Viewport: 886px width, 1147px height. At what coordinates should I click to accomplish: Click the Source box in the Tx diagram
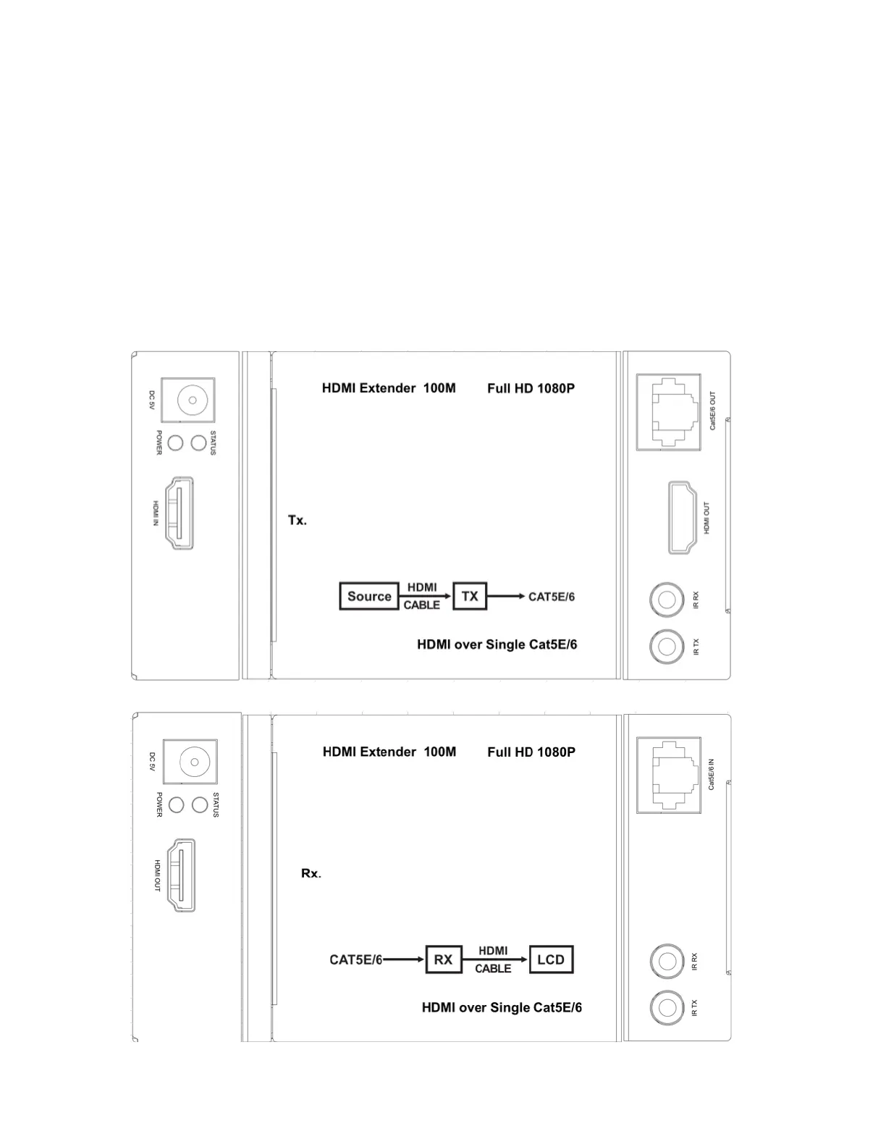click(x=369, y=596)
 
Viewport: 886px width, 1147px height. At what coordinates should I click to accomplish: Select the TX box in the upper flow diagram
click(x=470, y=596)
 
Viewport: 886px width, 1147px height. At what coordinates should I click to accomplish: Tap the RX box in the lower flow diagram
click(x=443, y=959)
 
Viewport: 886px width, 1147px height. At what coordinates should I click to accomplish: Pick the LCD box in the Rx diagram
click(x=551, y=959)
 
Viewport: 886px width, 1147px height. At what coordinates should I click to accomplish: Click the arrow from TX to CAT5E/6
click(x=506, y=596)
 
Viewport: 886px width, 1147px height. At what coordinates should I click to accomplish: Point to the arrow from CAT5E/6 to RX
click(x=404, y=959)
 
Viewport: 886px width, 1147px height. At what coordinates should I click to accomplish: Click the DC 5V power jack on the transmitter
click(x=191, y=400)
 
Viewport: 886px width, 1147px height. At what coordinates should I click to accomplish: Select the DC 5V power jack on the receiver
click(x=193, y=762)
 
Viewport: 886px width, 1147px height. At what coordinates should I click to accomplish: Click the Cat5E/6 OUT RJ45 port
click(x=669, y=411)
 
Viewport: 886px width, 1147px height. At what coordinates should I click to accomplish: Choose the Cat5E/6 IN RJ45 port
click(x=669, y=774)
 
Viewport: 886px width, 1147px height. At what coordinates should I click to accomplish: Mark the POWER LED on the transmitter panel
click(x=175, y=442)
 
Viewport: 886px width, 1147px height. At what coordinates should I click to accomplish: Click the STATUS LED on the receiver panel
click(x=201, y=804)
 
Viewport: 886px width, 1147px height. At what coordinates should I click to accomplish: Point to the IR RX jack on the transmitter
click(x=667, y=600)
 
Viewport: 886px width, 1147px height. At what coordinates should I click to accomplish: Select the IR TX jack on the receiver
click(x=667, y=1007)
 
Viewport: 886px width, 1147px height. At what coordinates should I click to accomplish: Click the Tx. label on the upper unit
click(x=298, y=520)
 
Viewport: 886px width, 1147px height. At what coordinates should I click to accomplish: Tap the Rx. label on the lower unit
click(x=311, y=873)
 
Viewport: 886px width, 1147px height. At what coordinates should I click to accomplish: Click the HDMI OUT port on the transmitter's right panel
click(x=683, y=517)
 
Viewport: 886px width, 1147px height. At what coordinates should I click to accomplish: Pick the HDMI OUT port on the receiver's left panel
click(x=182, y=875)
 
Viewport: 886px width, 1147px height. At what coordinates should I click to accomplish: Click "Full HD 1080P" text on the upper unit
click(x=531, y=388)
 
